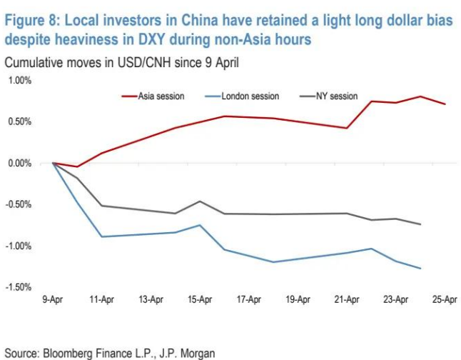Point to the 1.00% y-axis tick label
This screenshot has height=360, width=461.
click(21, 80)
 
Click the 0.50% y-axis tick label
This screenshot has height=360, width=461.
click(21, 121)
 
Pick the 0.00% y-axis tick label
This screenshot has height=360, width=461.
click(21, 163)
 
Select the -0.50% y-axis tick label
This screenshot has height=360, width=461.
click(19, 204)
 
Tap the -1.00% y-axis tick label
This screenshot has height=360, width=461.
click(19, 246)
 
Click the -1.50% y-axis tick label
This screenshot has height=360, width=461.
click(19, 287)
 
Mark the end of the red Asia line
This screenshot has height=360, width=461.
click(445, 104)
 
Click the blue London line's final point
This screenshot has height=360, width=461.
click(421, 269)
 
